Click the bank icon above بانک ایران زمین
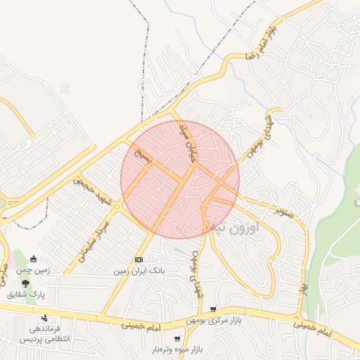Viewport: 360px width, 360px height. pos(138,259)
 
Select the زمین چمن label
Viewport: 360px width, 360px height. pos(32,270)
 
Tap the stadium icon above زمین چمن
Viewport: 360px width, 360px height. pos(33,259)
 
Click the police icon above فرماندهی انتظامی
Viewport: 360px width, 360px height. pos(44,318)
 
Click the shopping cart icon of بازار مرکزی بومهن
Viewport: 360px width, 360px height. pos(213,310)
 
